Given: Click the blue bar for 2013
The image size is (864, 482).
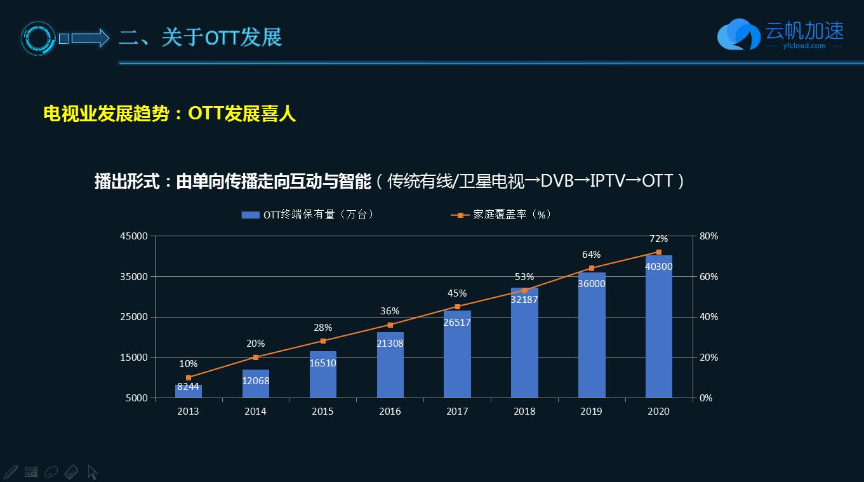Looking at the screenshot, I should pyautogui.click(x=189, y=391).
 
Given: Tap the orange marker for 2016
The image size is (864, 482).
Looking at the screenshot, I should pyautogui.click(x=390, y=325).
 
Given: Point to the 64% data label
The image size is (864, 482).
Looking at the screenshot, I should pyautogui.click(x=591, y=255).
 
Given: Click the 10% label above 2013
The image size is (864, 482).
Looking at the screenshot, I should pyautogui.click(x=188, y=364).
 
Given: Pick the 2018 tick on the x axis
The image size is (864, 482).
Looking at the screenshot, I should pyautogui.click(x=524, y=412).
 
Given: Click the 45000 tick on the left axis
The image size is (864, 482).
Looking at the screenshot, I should pyautogui.click(x=134, y=236).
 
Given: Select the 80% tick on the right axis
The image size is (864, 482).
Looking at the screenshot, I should pyautogui.click(x=708, y=236).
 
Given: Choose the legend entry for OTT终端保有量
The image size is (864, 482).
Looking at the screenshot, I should pyautogui.click(x=309, y=215).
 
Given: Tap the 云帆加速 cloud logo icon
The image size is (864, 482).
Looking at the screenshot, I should pyautogui.click(x=738, y=35).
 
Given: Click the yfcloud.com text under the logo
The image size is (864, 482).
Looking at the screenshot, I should pyautogui.click(x=804, y=46).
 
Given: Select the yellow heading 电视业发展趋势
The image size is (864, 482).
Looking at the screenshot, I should pyautogui.click(x=106, y=114).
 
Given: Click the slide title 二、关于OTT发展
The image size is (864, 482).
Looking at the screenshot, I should pyautogui.click(x=200, y=37).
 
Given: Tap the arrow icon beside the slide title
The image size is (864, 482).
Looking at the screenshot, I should pyautogui.click(x=90, y=38).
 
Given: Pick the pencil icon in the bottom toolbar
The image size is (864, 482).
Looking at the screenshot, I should pyautogui.click(x=10, y=472).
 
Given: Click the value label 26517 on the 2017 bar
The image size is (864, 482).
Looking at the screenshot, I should pyautogui.click(x=457, y=323).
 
